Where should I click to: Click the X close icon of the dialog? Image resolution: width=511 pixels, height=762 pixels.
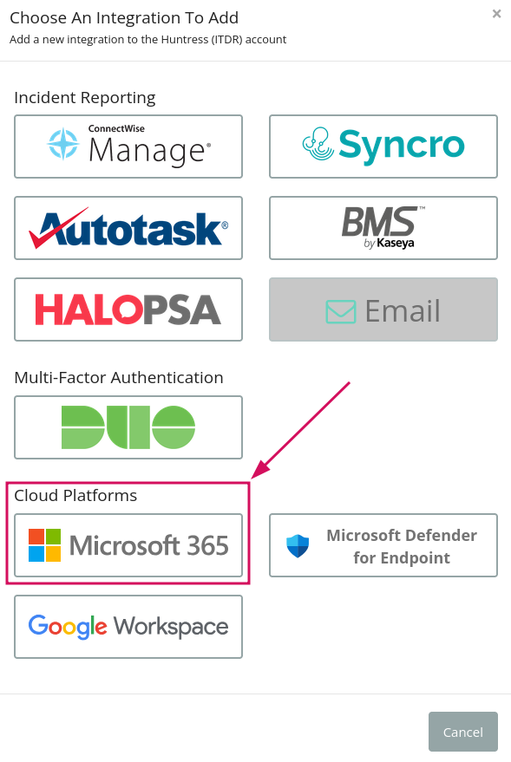[496, 14]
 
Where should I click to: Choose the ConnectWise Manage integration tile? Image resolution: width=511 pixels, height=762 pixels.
[128, 147]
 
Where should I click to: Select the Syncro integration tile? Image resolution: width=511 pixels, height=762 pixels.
[383, 147]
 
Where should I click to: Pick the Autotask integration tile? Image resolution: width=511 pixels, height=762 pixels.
[128, 228]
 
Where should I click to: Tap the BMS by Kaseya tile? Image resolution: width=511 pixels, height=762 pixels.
[383, 228]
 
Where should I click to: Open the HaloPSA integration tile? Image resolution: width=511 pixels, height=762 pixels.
[128, 309]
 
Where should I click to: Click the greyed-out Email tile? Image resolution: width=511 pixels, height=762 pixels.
[383, 309]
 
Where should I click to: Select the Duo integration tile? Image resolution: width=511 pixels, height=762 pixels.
[128, 427]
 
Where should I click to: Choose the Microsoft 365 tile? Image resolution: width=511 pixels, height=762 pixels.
[128, 545]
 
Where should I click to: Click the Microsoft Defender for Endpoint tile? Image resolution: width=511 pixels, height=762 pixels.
[383, 545]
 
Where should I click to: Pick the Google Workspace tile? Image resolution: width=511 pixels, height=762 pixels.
[128, 627]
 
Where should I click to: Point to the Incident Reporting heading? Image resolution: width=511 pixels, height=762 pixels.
[85, 98]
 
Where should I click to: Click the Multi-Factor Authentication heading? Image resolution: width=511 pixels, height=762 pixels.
[119, 378]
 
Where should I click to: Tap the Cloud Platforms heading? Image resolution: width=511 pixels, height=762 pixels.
[75, 495]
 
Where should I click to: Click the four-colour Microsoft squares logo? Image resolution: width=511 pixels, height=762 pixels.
[45, 545]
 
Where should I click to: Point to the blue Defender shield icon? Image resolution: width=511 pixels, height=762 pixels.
[298, 546]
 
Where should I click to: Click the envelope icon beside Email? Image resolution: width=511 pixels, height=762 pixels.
[341, 311]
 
